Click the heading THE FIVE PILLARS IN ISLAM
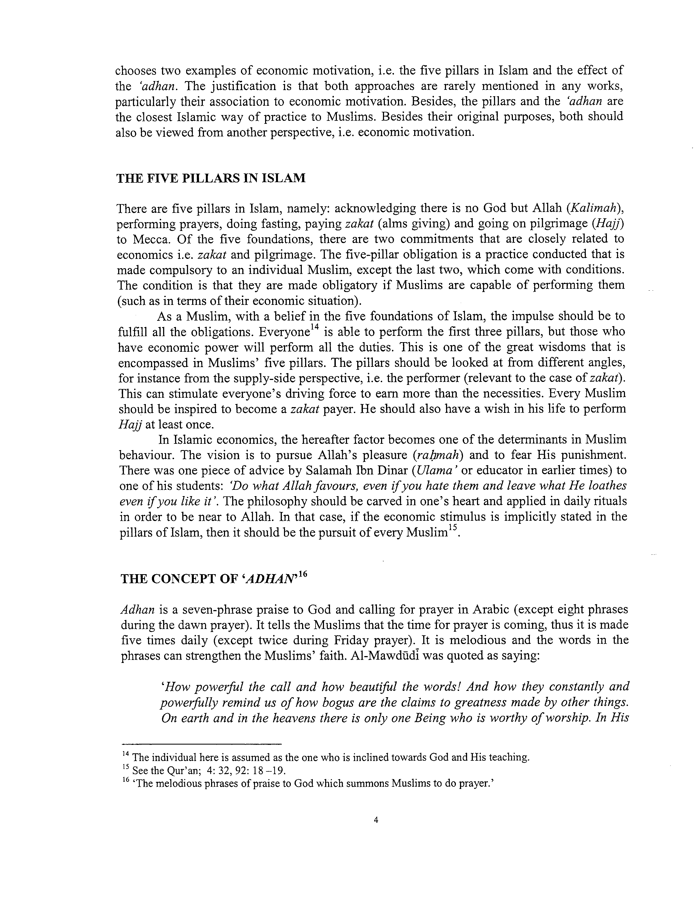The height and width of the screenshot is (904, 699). click(x=211, y=178)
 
